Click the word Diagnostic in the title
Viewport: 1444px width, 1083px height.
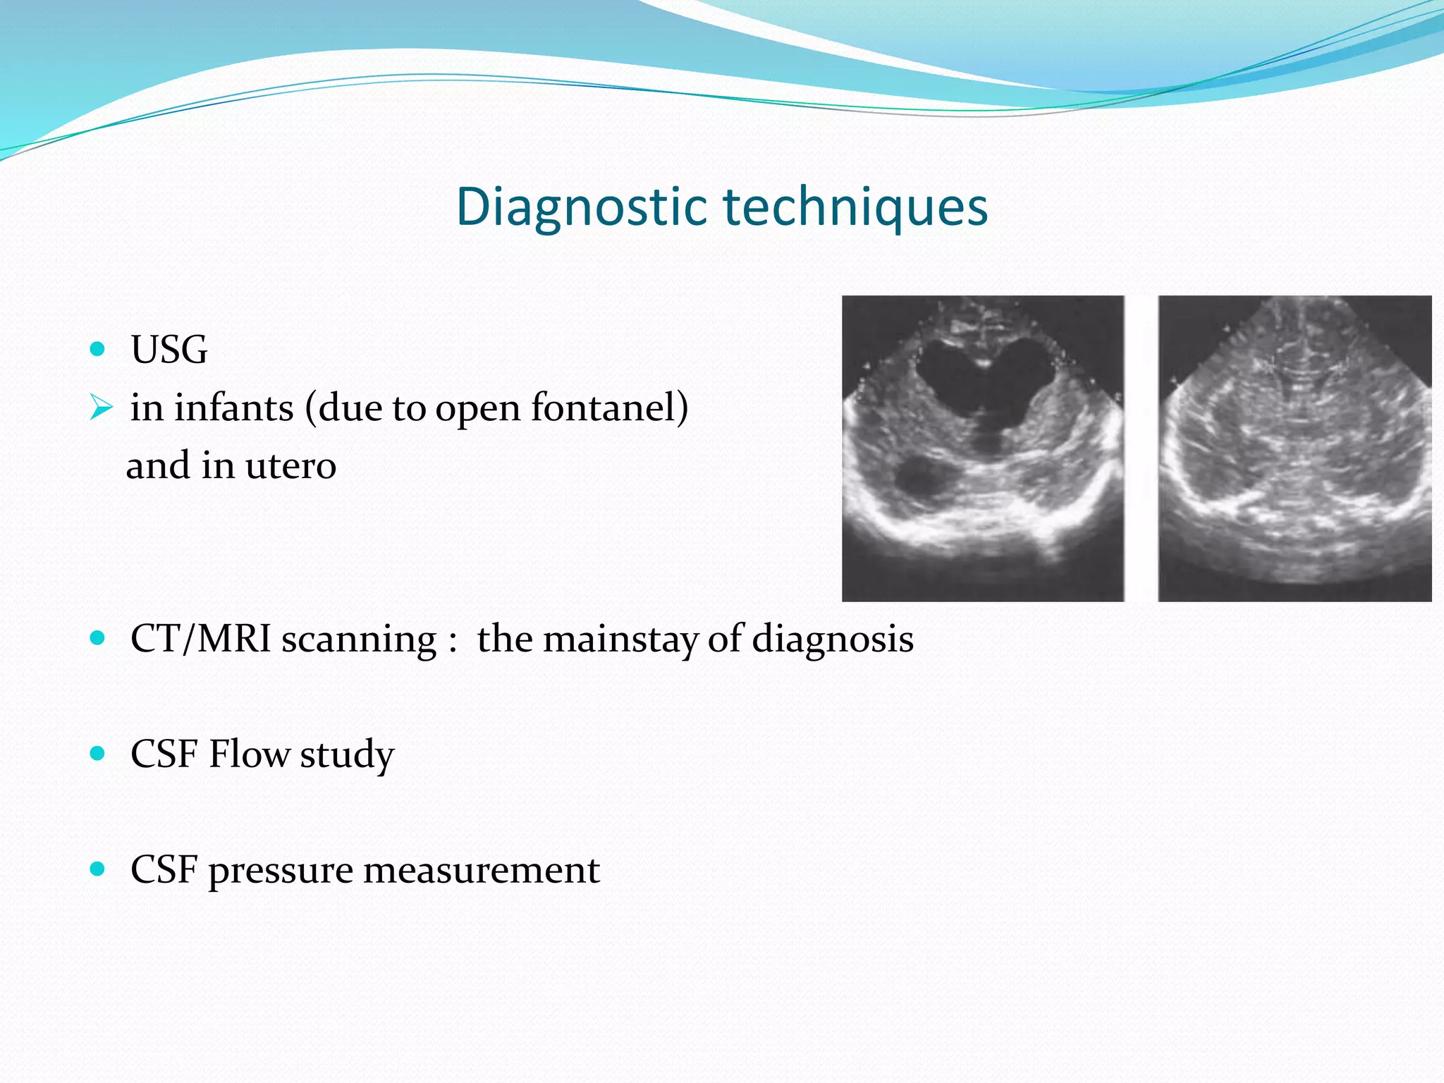[x=581, y=207]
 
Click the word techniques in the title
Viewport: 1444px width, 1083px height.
[x=856, y=207]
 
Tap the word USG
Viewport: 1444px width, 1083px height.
[x=169, y=350]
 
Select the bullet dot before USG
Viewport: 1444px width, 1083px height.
[x=98, y=348]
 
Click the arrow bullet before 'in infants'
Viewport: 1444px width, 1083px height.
[x=101, y=407]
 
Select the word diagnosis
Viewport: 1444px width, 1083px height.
[x=832, y=639]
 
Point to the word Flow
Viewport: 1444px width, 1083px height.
[x=249, y=754]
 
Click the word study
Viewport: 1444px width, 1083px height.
[x=347, y=754]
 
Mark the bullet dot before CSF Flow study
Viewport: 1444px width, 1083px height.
[x=98, y=753]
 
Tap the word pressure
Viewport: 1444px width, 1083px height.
[x=280, y=870]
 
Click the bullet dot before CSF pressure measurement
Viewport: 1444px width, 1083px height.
[x=98, y=868]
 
